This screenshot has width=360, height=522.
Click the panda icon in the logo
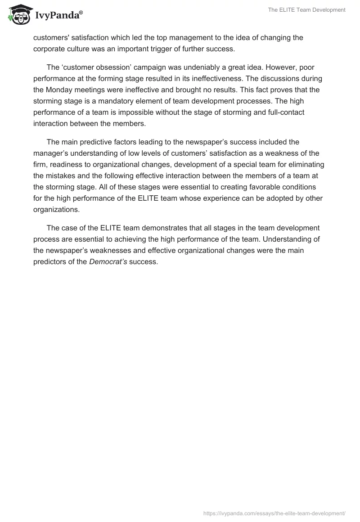tap(18, 14)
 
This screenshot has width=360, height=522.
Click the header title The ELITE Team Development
tap(306, 10)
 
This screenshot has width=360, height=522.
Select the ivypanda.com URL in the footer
tap(274, 513)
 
